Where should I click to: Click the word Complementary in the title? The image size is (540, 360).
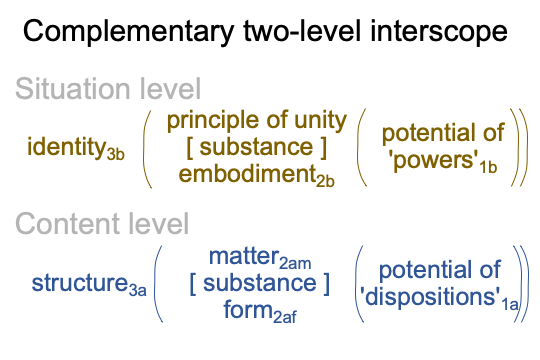click(x=129, y=31)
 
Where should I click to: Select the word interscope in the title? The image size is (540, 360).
click(x=439, y=31)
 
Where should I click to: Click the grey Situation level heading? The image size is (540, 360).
click(x=108, y=89)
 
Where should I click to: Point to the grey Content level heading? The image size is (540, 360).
click(x=102, y=224)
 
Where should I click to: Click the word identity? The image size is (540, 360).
click(x=67, y=147)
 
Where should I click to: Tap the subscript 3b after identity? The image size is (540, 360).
click(x=115, y=154)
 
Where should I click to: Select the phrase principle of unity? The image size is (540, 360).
click(x=257, y=122)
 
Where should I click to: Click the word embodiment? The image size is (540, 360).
click(x=248, y=173)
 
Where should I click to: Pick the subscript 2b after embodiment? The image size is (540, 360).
click(x=325, y=181)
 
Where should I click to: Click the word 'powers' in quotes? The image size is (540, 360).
click(x=434, y=161)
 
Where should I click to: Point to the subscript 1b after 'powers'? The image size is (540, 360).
click(x=488, y=167)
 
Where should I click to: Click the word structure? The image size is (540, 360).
click(x=80, y=283)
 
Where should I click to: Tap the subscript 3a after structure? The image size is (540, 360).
click(x=137, y=290)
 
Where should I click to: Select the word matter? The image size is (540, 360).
click(x=244, y=257)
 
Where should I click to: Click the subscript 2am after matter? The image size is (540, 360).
click(x=295, y=264)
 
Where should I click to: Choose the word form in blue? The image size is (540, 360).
click(x=248, y=309)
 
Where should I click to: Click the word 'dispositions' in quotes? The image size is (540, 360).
click(x=430, y=297)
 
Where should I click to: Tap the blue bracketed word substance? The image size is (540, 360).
click(x=260, y=284)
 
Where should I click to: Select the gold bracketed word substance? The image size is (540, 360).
click(x=256, y=147)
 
